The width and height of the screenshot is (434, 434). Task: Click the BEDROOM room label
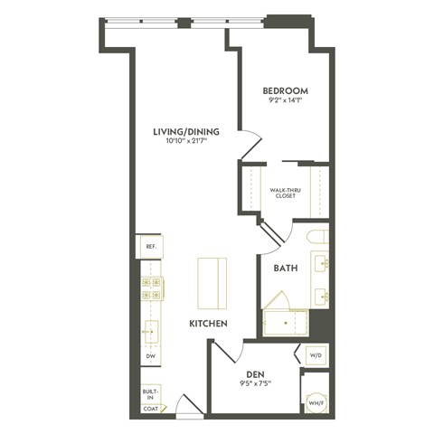[x=285, y=90]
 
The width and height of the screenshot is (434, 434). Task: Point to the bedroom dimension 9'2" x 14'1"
[x=286, y=102]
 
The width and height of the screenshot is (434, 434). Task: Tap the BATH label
[x=286, y=268]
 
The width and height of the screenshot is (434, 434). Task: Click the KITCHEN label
[x=207, y=323]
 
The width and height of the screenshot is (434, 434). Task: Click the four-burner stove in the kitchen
[x=150, y=288]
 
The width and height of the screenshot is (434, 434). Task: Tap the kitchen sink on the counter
[x=150, y=333]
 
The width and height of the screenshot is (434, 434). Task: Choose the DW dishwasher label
[x=150, y=356]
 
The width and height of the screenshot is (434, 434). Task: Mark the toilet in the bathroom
[x=316, y=238]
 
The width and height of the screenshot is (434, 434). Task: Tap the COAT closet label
[x=149, y=407]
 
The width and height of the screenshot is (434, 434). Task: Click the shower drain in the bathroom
[x=288, y=320]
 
